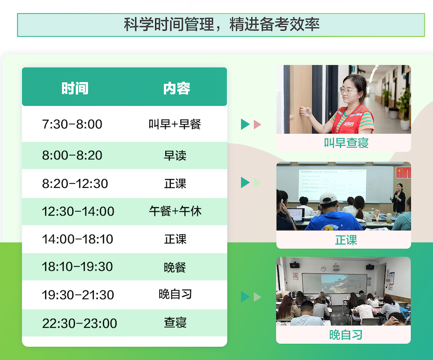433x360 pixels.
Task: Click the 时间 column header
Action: [x=75, y=88]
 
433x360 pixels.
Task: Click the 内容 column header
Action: [x=177, y=88]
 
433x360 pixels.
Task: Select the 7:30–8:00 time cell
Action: [x=72, y=124]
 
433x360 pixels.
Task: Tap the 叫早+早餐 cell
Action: [x=175, y=124]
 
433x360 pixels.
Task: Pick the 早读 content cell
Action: [x=175, y=155]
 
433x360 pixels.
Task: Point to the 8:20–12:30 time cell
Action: [x=75, y=184]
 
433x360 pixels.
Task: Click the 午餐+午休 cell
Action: [x=175, y=211]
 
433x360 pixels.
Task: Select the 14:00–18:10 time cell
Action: [x=77, y=239]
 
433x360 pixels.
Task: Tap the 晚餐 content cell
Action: [x=175, y=267]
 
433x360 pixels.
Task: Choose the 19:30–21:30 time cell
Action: [x=77, y=295]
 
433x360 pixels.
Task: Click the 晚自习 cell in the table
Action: [x=175, y=294]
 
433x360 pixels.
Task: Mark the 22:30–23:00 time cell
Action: [x=79, y=323]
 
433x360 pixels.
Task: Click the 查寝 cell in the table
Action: [x=175, y=323]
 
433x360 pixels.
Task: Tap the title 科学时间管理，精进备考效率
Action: [x=222, y=24]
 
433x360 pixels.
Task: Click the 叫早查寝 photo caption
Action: [x=346, y=143]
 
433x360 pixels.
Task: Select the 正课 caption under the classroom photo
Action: [x=346, y=240]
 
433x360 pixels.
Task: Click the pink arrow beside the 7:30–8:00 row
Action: [x=257, y=124]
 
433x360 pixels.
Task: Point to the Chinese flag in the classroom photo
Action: [x=403, y=172]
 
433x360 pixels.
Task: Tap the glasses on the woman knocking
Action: [x=349, y=91]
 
